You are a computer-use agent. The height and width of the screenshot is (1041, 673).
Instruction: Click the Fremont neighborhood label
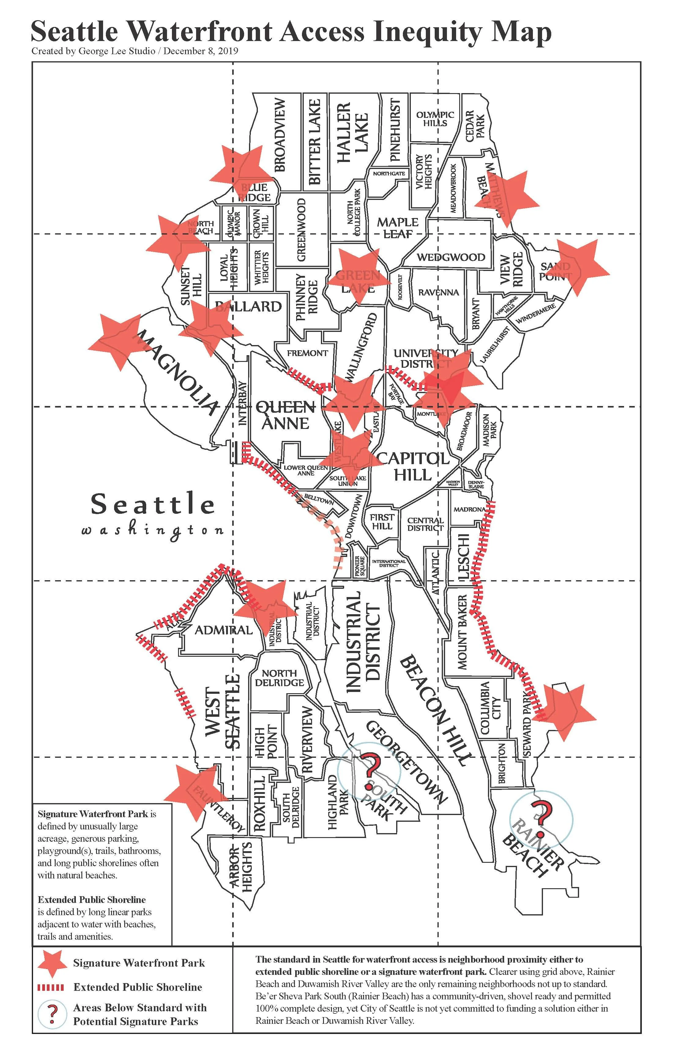coord(307,353)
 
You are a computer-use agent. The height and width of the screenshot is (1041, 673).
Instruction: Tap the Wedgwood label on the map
coord(451,257)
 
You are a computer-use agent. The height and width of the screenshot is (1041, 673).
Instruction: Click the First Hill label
coord(382,521)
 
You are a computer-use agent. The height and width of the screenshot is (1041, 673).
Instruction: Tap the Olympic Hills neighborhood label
coord(435,118)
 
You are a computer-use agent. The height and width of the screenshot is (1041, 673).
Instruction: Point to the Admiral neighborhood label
coord(223,630)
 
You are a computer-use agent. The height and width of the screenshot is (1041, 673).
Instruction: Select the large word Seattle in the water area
coord(153,504)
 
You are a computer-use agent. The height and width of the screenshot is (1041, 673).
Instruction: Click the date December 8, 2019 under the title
coord(201,51)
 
